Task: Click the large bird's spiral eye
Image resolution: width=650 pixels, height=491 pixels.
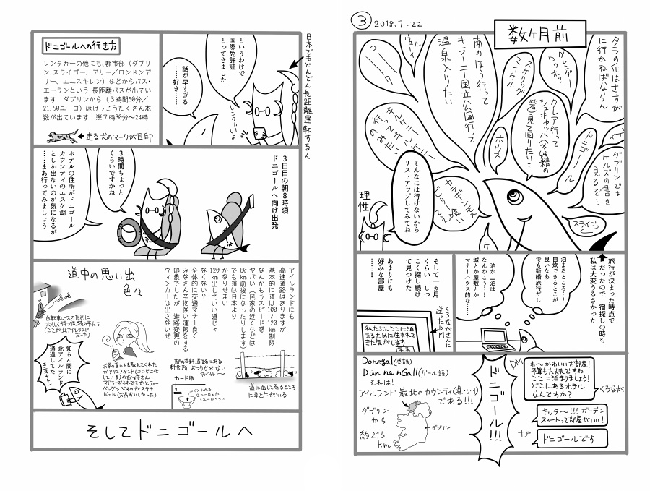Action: point(513,194)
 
